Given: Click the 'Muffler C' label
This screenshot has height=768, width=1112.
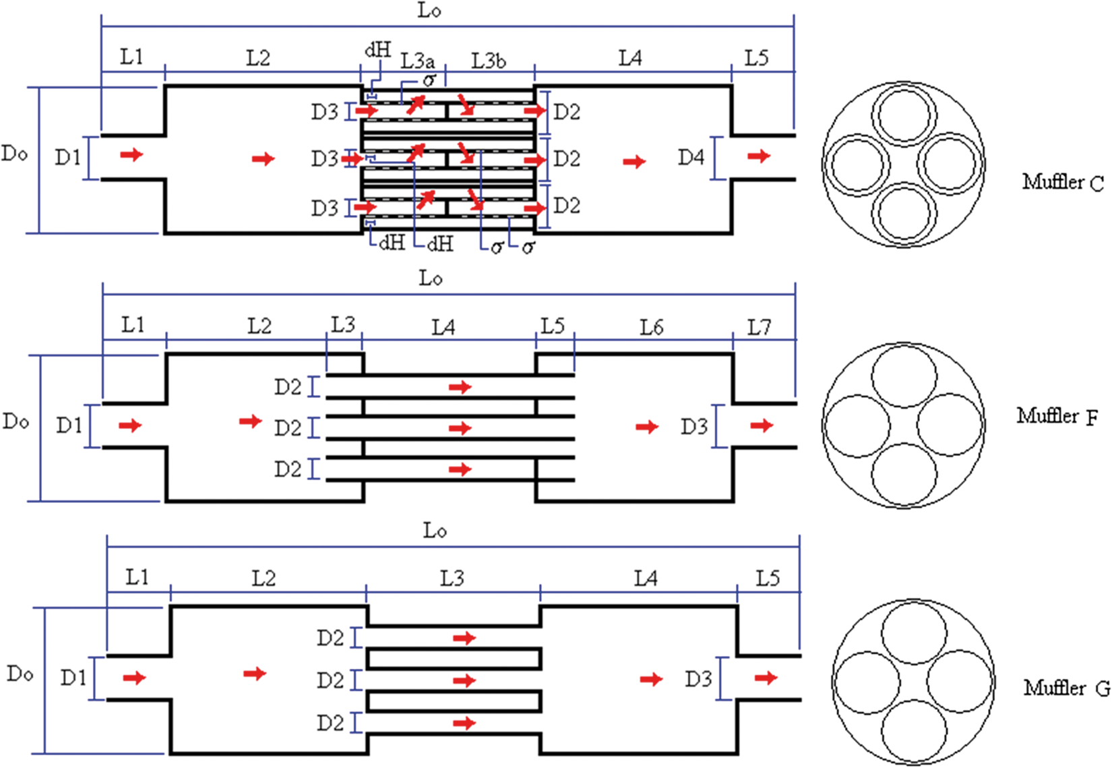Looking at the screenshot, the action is click(1062, 182).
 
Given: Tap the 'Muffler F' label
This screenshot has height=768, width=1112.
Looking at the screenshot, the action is click(1057, 416).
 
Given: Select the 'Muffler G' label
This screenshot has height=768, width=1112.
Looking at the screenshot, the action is click(1066, 688).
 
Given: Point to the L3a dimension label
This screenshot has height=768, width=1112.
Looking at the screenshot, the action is click(417, 61).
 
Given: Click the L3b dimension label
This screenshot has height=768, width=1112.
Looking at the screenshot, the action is click(489, 61).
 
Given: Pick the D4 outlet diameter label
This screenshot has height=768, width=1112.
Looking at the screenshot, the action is click(691, 158).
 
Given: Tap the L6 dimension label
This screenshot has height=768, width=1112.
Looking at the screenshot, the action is click(651, 328).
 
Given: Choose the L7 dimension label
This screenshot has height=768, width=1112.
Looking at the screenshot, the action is click(759, 328).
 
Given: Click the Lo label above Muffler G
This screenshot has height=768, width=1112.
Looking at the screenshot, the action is click(435, 531).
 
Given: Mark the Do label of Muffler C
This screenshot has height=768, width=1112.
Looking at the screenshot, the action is click(14, 154).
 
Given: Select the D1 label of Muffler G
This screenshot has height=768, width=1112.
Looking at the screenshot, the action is click(73, 678).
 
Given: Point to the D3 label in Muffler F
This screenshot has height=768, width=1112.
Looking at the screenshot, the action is click(694, 426).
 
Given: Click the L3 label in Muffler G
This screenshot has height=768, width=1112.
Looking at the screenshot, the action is click(452, 579).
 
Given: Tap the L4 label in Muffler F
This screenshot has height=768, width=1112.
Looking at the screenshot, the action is click(443, 328).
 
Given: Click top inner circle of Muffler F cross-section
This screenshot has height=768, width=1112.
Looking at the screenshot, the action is click(904, 346).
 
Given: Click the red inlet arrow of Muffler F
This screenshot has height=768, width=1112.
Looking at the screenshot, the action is click(130, 425).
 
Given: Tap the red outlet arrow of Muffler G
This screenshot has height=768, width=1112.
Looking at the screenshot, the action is click(766, 678).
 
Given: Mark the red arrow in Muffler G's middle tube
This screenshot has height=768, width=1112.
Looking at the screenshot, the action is click(464, 680).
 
